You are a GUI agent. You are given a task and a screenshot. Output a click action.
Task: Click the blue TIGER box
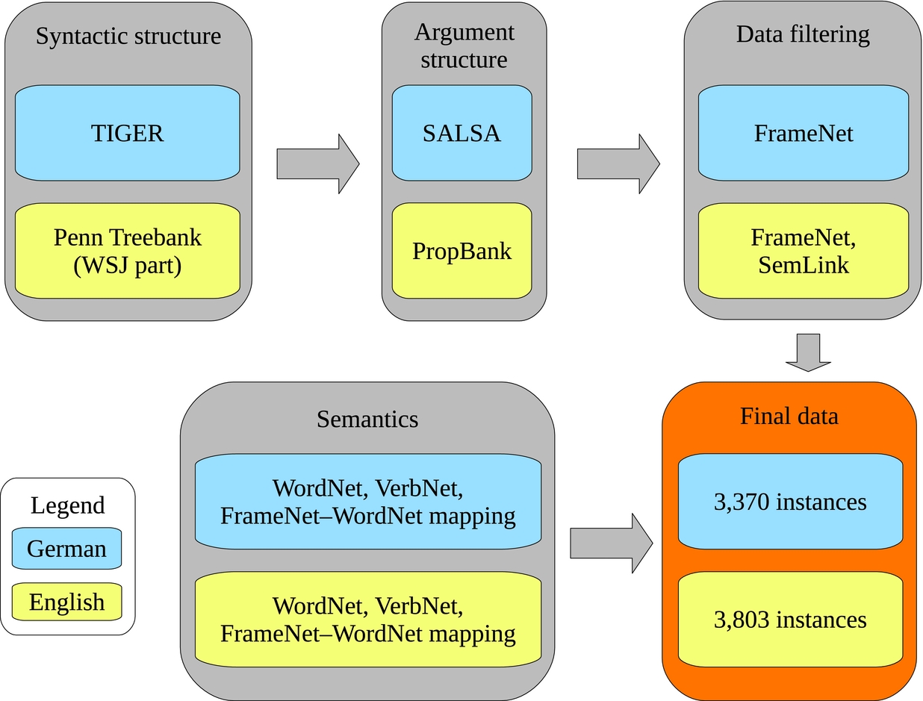127,133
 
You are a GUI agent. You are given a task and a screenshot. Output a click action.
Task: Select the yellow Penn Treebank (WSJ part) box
127,251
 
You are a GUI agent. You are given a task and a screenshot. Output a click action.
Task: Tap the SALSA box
461,133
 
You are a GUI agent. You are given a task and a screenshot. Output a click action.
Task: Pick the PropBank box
461,251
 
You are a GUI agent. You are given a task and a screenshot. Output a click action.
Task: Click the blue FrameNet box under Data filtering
804,133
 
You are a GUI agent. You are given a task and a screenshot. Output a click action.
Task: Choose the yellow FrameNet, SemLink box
804,251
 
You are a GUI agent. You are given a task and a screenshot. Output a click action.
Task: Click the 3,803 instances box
790,620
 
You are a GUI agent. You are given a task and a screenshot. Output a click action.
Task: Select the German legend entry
67,549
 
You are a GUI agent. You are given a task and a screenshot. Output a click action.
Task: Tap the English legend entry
67,602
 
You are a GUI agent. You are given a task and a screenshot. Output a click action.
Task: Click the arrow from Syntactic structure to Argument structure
317,163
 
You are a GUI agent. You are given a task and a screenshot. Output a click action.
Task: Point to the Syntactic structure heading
128,36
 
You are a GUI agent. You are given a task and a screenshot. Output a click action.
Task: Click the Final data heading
789,416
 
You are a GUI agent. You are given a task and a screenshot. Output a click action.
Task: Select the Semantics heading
367,419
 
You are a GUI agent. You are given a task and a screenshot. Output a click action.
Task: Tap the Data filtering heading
803,34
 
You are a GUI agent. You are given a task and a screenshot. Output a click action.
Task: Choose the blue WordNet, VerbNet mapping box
367,502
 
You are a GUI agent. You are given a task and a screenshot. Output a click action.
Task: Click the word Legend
67,505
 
